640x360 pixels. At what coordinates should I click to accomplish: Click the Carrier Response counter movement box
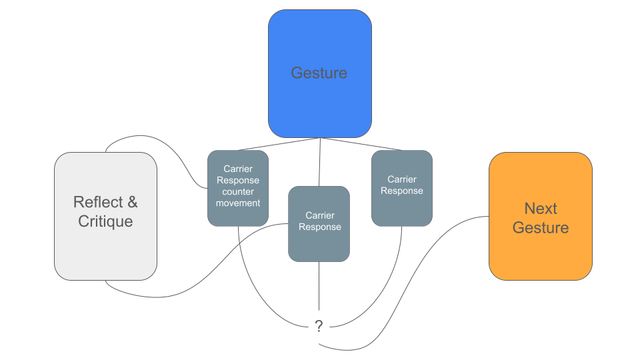pyautogui.click(x=238, y=213)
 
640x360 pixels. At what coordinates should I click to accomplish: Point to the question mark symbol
pyautogui.click(x=319, y=326)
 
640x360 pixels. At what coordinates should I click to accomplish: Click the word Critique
pyautogui.click(x=105, y=221)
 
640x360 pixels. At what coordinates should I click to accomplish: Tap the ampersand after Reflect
pyautogui.click(x=132, y=202)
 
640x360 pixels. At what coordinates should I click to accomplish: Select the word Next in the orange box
pyautogui.click(x=540, y=208)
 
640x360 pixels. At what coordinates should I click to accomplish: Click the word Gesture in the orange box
pyautogui.click(x=540, y=227)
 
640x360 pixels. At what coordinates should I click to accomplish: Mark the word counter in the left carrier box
pyautogui.click(x=238, y=191)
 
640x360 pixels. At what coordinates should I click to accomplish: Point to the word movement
pyautogui.click(x=238, y=203)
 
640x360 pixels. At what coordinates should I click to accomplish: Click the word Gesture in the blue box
pyautogui.click(x=319, y=73)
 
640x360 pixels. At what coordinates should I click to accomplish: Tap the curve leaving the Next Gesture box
pyautogui.click(x=427, y=267)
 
